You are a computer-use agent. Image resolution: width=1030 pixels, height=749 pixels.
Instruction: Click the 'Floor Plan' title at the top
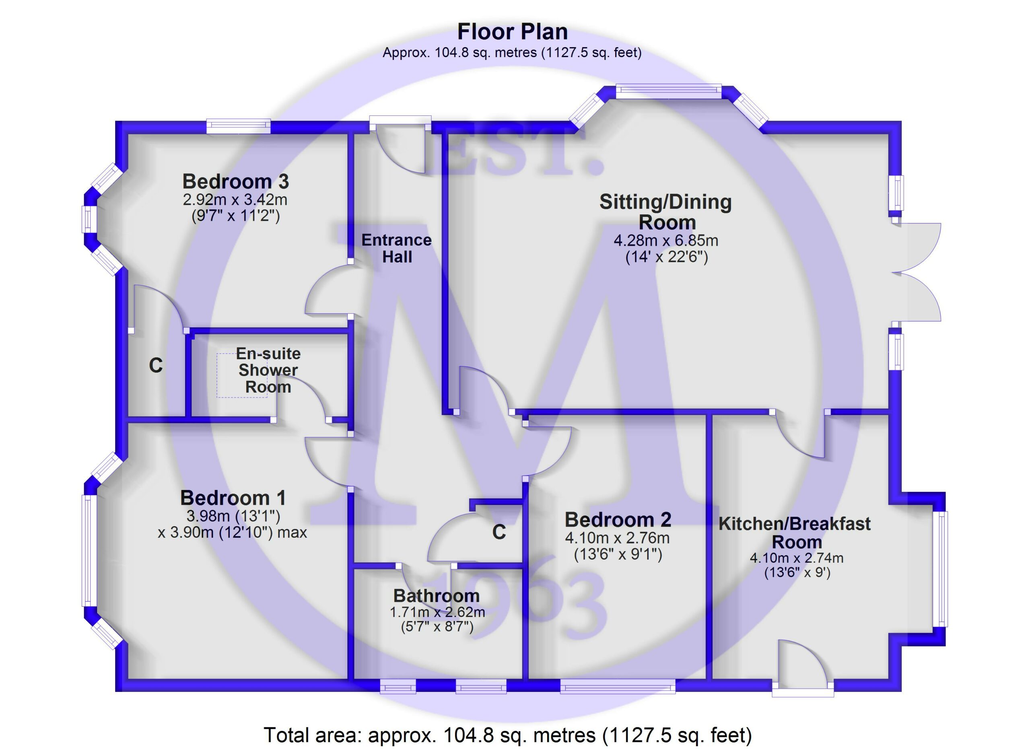pyautogui.click(x=512, y=32)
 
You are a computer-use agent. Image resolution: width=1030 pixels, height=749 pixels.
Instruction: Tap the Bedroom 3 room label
pyautogui.click(x=236, y=181)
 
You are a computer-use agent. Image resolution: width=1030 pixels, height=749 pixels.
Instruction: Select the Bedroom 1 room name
pyautogui.click(x=233, y=498)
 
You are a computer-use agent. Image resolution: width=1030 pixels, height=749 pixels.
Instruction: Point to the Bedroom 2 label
pyautogui.click(x=618, y=520)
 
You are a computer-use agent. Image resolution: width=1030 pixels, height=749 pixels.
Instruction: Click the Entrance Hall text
pyautogui.click(x=396, y=248)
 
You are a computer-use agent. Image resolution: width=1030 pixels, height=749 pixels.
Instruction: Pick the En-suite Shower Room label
pyautogui.click(x=268, y=370)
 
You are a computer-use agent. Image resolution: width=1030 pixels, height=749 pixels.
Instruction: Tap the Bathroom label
pyautogui.click(x=437, y=596)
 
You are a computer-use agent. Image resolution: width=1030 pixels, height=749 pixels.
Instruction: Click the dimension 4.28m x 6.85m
pyautogui.click(x=666, y=240)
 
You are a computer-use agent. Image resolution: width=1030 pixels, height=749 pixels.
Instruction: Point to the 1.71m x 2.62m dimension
pyautogui.click(x=437, y=612)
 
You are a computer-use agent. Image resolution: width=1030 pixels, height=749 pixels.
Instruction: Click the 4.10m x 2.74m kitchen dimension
pyautogui.click(x=797, y=558)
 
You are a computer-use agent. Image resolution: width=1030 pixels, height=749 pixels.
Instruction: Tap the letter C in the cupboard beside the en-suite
pyautogui.click(x=156, y=365)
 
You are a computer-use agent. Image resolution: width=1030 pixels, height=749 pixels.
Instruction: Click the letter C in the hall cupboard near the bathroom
pyautogui.click(x=499, y=532)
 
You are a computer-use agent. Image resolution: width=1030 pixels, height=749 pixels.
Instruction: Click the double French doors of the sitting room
pyautogui.click(x=917, y=272)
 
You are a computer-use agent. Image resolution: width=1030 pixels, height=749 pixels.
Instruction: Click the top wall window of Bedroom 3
pyautogui.click(x=239, y=126)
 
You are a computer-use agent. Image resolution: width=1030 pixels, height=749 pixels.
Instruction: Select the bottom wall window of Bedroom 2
pyautogui.click(x=618, y=686)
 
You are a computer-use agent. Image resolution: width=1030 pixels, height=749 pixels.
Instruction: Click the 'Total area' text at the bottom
pyautogui.click(x=508, y=735)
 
